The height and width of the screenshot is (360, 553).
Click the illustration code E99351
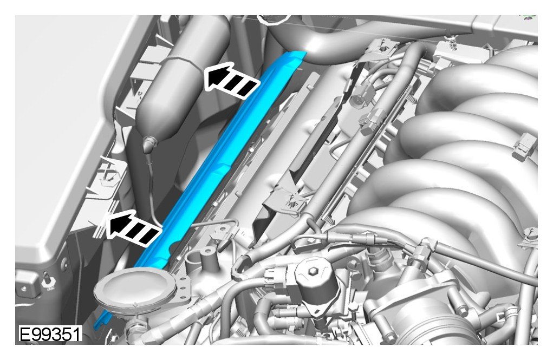(x=50, y=334)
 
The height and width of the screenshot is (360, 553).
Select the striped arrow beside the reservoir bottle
(x=232, y=81)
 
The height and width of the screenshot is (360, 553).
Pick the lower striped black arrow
(x=133, y=228)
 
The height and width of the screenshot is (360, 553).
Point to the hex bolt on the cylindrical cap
(x=313, y=271)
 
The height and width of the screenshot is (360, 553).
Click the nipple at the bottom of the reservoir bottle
(x=149, y=142)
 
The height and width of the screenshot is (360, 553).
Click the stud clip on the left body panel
(x=47, y=282)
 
